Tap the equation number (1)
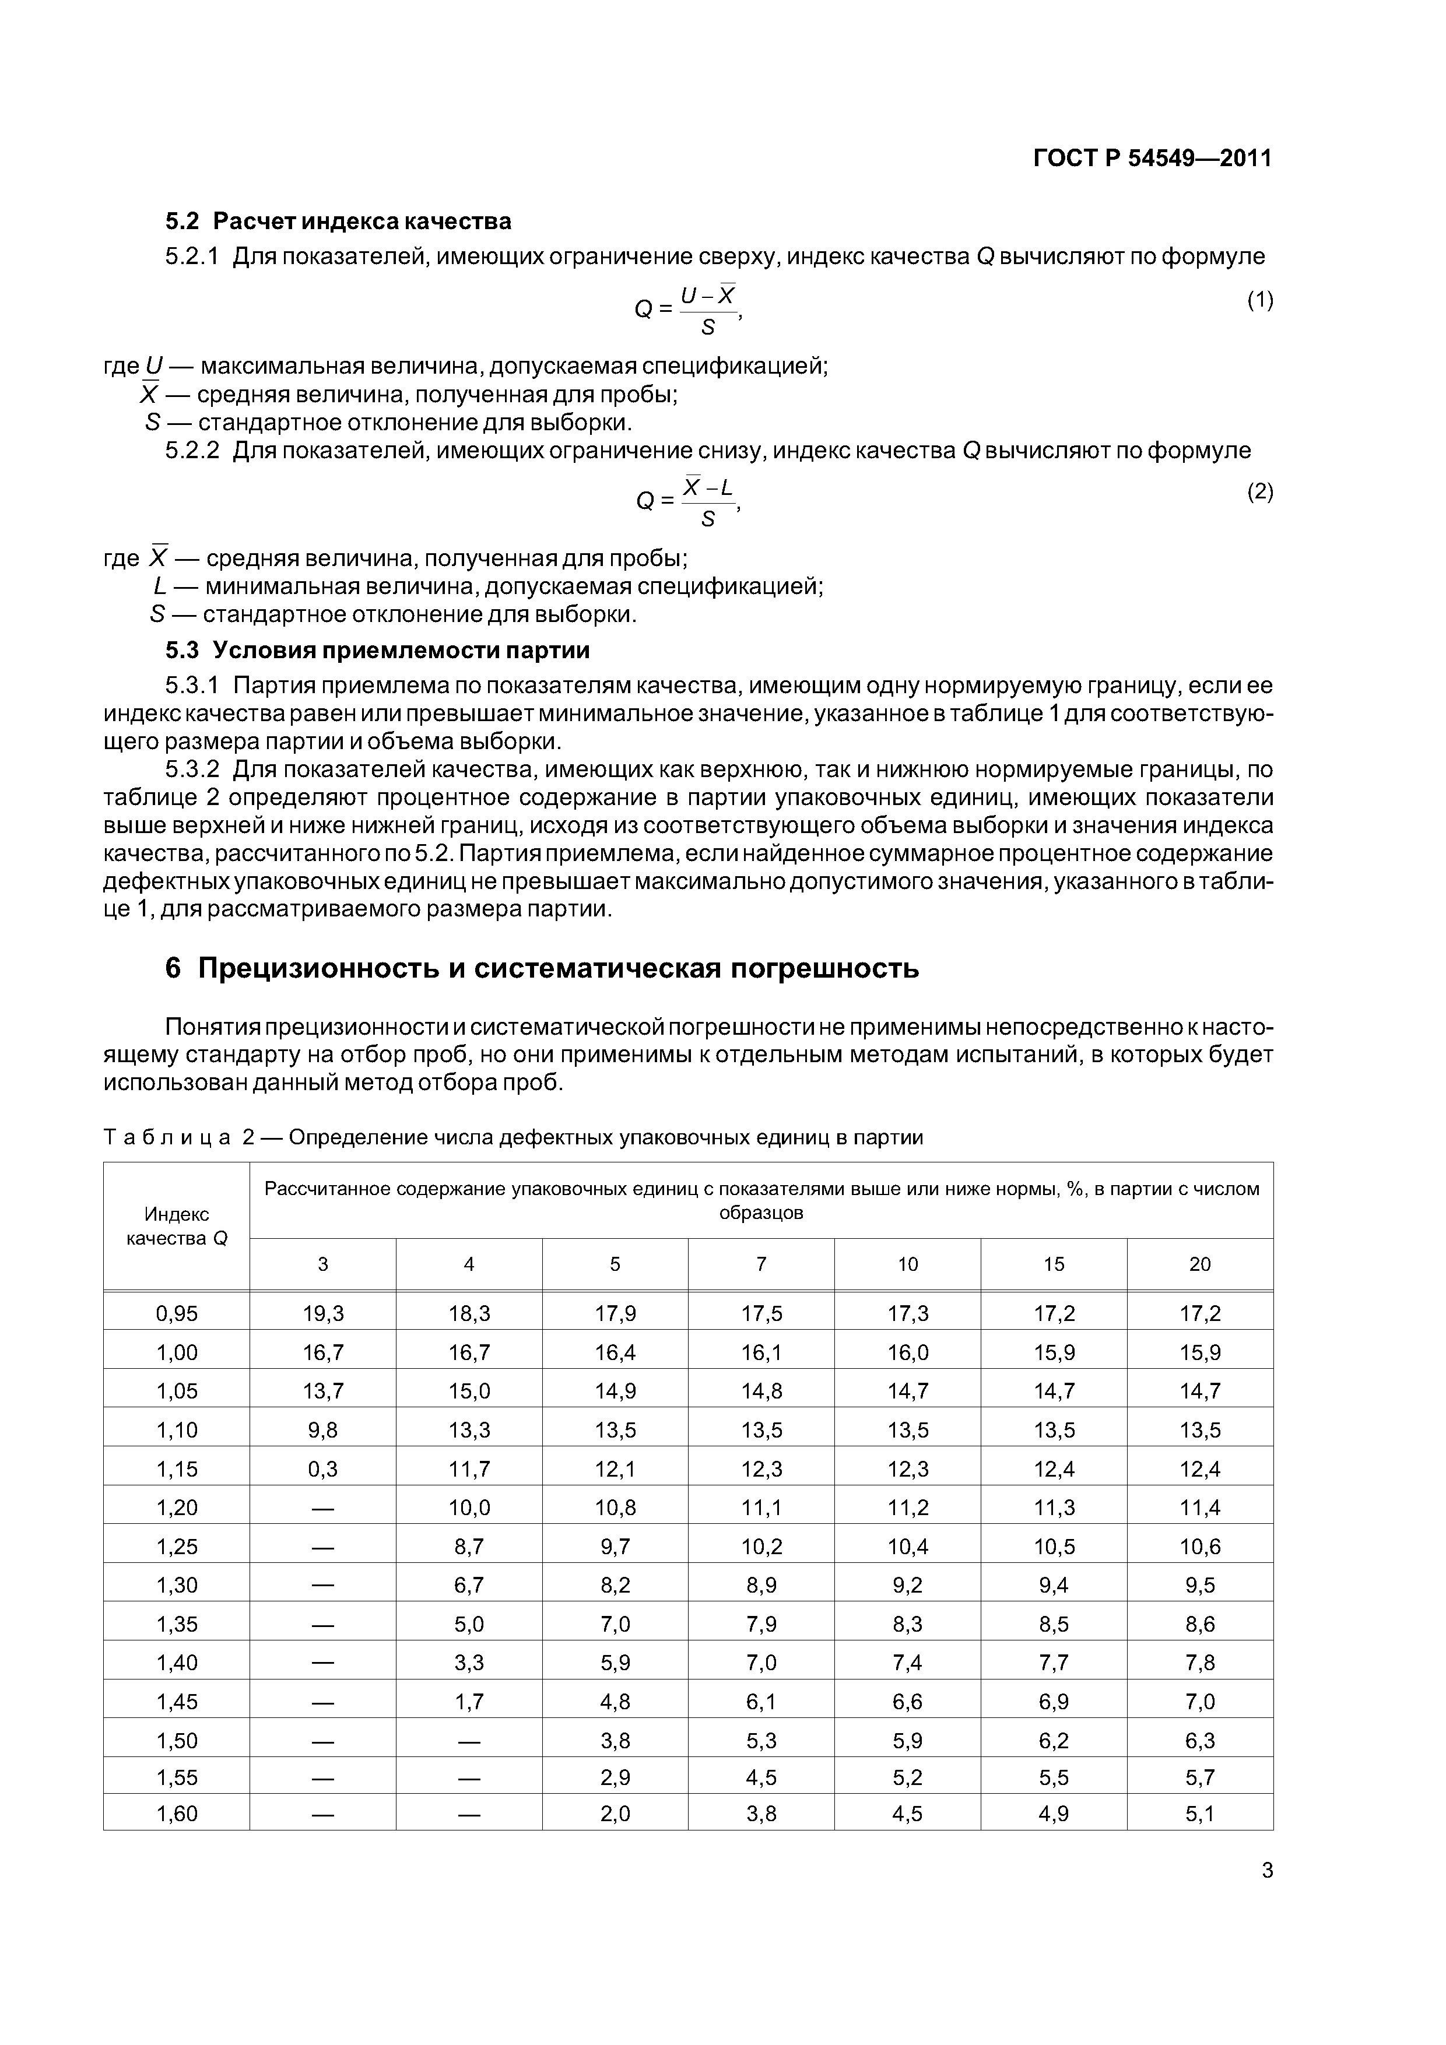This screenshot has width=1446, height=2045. coord(1259,300)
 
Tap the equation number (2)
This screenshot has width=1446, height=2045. coord(1259,491)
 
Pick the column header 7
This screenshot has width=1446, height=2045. coord(761,1264)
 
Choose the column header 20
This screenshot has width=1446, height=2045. coord(1199,1264)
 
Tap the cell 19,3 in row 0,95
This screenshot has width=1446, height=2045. coord(322,1313)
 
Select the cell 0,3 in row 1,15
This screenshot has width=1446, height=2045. coord(322,1468)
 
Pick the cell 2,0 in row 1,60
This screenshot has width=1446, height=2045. coord(615,1814)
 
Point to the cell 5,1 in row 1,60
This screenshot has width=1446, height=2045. coord(1199,1814)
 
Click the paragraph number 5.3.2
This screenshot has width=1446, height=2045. coord(192,769)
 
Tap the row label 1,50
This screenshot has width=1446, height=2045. coord(177,1740)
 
